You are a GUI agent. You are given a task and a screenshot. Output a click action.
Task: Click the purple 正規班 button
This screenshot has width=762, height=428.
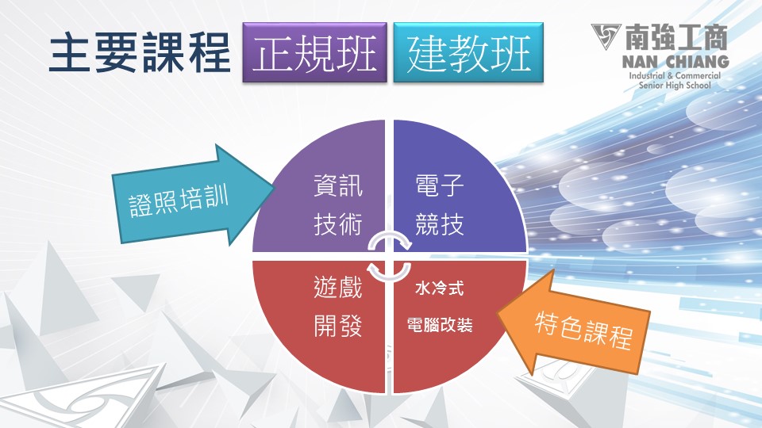pos(314,52)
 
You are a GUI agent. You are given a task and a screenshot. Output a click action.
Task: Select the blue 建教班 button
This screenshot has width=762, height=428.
pos(468,52)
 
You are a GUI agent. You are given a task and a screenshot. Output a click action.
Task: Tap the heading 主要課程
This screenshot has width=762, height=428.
pos(140,52)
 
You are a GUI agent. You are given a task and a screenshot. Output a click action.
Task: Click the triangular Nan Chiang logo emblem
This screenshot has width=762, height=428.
pos(605,36)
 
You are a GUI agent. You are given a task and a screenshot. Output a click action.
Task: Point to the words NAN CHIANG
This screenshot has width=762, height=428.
pos(675,62)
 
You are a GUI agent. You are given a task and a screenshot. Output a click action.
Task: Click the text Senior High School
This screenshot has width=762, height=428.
pos(675,86)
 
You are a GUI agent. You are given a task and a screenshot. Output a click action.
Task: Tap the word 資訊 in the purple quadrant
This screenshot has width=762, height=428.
pos(338,185)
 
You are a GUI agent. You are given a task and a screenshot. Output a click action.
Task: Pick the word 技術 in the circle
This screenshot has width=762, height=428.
pos(338,224)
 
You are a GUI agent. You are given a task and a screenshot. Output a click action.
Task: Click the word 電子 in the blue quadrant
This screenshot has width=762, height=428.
pos(440,185)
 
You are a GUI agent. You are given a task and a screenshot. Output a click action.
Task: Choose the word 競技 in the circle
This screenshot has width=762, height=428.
pos(440,224)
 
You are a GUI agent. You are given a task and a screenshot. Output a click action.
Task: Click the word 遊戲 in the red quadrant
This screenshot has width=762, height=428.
pos(338,287)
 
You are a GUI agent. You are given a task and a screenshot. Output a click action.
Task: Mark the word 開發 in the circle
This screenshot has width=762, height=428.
pos(338,326)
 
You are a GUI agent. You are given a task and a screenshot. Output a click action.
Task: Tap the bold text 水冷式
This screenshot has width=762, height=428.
pos(439,289)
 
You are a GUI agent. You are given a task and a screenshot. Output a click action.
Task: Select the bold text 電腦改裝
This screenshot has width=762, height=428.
pos(440,325)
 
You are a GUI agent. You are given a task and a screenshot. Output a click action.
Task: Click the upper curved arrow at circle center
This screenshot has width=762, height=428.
pos(390,237)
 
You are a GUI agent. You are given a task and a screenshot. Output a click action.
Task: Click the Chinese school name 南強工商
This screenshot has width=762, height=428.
pos(676,37)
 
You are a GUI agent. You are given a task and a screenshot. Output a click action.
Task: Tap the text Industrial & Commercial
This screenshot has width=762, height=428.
pos(675,76)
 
